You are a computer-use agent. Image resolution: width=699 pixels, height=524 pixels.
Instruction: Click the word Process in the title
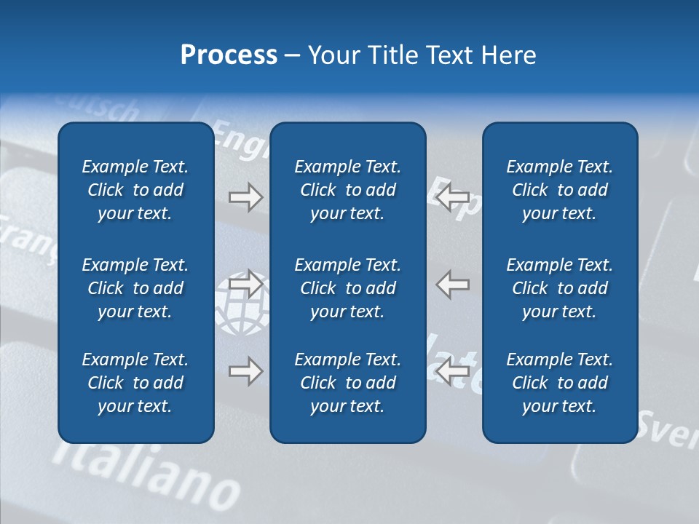[x=229, y=55]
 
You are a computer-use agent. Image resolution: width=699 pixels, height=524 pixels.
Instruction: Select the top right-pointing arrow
[x=246, y=197]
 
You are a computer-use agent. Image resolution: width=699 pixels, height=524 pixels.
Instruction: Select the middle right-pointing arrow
[x=246, y=284]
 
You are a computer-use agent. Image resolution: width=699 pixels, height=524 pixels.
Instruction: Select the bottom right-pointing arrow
[x=246, y=372]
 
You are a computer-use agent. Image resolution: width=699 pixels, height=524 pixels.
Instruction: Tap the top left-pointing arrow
[x=453, y=197]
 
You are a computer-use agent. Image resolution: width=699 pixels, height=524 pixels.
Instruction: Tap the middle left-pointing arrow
[x=453, y=284]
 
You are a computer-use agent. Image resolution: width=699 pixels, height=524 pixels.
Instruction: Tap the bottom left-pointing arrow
[x=453, y=372]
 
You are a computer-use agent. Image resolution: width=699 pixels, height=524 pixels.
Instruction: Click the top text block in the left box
[x=135, y=190]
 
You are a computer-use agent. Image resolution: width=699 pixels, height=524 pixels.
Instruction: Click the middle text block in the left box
[x=135, y=288]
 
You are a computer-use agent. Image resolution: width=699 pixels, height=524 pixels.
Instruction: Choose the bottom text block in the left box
[x=135, y=383]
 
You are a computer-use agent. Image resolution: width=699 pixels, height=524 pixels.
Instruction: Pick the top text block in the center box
[x=347, y=190]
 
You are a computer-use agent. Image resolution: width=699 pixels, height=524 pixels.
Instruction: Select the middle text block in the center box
[x=347, y=288]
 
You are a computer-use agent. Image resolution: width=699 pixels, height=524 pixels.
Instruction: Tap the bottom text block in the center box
[x=347, y=383]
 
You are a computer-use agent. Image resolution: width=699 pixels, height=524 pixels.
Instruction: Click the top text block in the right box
[x=559, y=190]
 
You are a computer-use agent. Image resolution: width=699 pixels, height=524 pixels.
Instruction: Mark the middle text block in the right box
[x=559, y=288]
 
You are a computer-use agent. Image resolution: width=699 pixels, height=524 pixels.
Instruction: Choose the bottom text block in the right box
[x=559, y=383]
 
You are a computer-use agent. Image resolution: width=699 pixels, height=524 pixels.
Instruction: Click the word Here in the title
[x=509, y=55]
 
